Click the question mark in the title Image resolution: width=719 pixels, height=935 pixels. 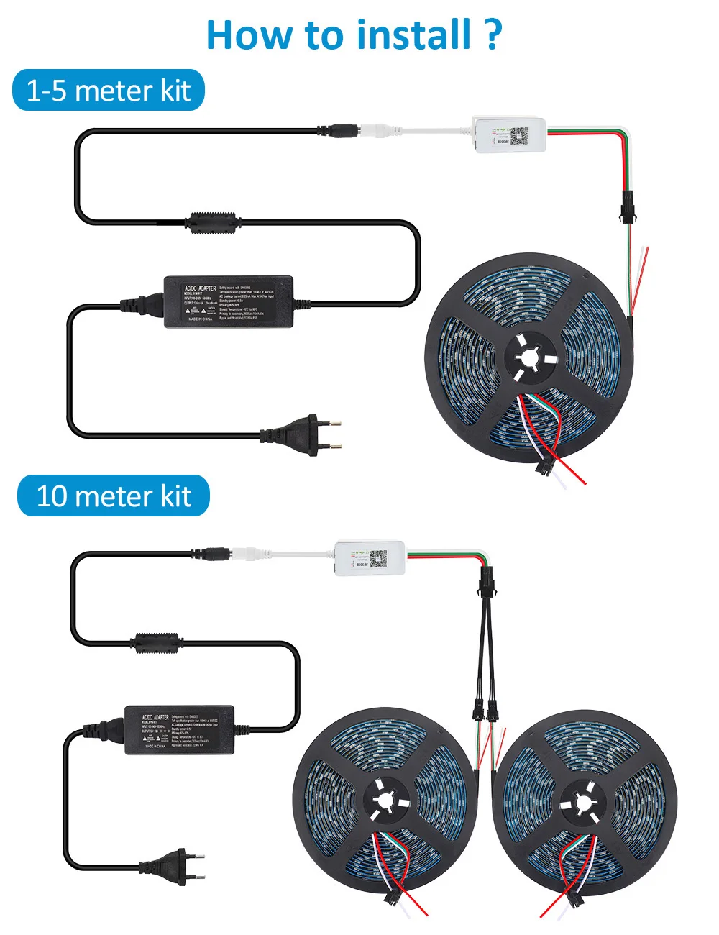pos(493,35)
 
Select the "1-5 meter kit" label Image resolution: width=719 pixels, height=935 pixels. pos(109,91)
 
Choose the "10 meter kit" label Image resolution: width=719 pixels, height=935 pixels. pos(114,496)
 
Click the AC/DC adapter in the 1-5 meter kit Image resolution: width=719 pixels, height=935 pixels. pos(229,301)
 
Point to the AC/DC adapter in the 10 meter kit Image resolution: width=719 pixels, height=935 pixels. pos(180,729)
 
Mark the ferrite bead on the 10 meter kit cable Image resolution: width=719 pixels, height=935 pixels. pos(155,642)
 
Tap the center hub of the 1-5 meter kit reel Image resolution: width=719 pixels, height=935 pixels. pos(531,357)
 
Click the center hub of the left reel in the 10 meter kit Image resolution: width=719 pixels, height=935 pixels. pos(383,801)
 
